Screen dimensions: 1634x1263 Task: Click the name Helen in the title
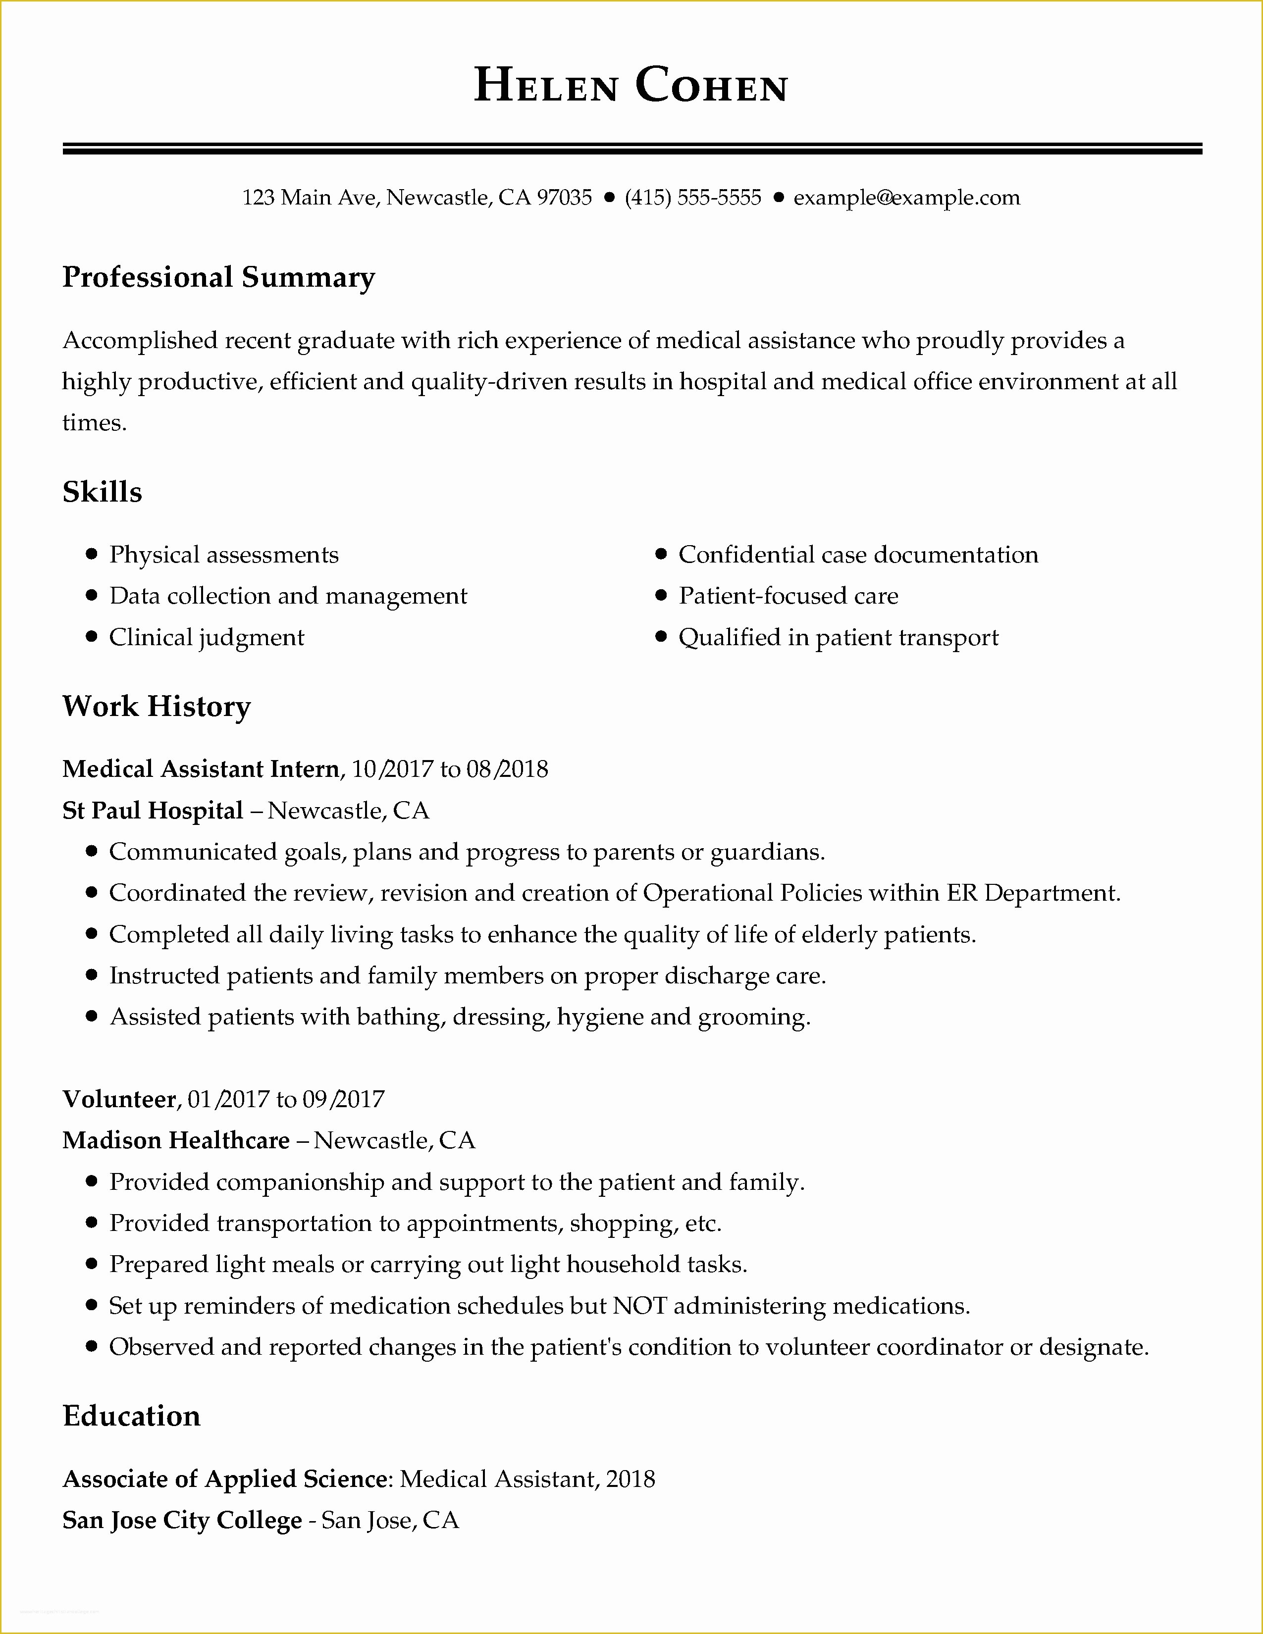coord(545,86)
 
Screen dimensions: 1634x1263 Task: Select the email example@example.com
coord(906,198)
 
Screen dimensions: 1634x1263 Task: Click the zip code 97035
coord(564,198)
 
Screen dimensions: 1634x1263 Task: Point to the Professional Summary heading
coord(218,278)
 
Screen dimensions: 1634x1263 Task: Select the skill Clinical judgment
coord(207,637)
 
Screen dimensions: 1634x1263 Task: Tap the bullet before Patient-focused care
coord(661,596)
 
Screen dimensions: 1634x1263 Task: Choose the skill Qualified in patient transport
coord(838,637)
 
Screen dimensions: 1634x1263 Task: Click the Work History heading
coord(157,706)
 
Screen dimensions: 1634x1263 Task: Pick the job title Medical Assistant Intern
coord(201,769)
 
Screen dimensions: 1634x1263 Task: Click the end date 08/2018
coord(507,769)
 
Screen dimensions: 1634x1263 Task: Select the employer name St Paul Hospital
coord(153,810)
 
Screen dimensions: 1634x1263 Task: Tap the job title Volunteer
coord(119,1099)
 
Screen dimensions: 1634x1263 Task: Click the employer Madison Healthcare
coord(176,1140)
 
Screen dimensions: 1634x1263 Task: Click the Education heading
coord(132,1416)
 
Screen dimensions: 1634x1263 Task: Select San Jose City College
coord(182,1520)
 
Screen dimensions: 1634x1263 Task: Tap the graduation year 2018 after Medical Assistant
coord(630,1479)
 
